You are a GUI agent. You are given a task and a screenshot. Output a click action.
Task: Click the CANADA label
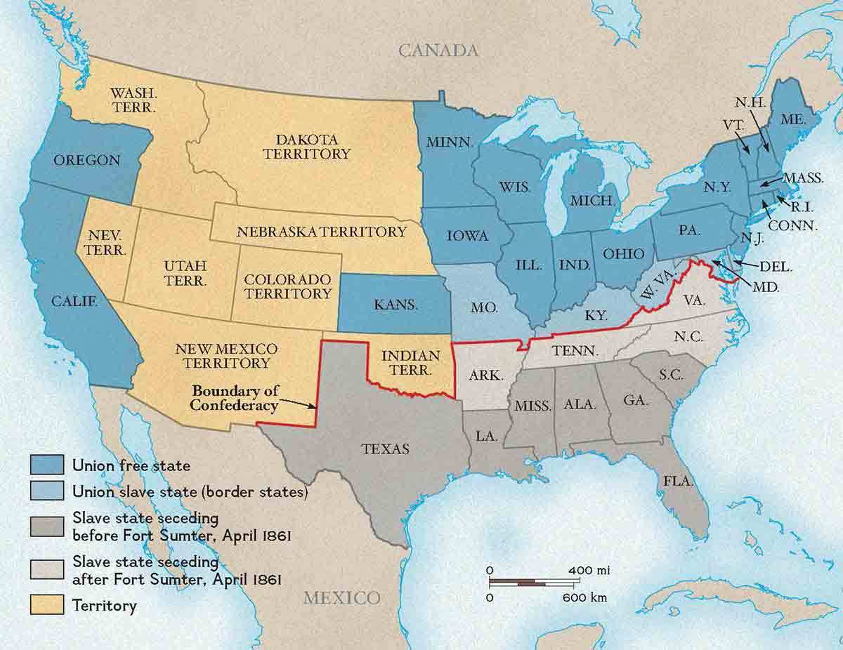point(438,51)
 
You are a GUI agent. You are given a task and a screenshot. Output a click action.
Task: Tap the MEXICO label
point(341,598)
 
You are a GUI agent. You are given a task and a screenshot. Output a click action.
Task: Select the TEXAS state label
point(386,449)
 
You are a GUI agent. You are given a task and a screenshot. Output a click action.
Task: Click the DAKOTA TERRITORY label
point(306,146)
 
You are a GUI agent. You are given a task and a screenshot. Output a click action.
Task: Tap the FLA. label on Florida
point(679,482)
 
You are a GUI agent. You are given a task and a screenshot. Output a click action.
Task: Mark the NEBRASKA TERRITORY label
point(321,231)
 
